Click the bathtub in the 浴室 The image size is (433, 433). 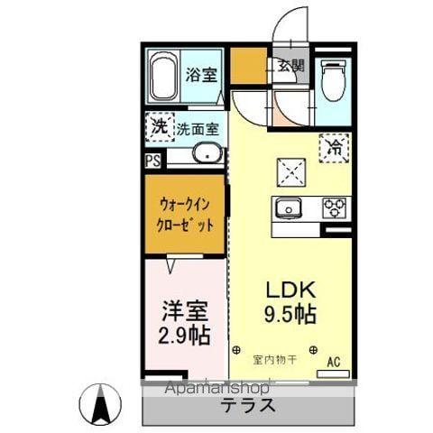pyautogui.click(x=163, y=78)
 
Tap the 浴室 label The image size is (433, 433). pyautogui.click(x=200, y=75)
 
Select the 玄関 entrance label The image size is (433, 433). pyautogui.click(x=290, y=65)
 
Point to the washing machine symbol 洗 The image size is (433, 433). pyautogui.click(x=159, y=127)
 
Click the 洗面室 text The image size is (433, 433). pyautogui.click(x=198, y=128)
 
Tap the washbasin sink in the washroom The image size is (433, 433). pyautogui.click(x=207, y=154)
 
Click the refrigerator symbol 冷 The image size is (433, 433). pyautogui.click(x=334, y=144)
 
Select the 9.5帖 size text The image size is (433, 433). pyautogui.click(x=290, y=317)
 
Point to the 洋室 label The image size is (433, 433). pyautogui.click(x=186, y=312)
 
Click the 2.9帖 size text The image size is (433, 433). pyautogui.click(x=186, y=336)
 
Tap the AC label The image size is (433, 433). pyautogui.click(x=333, y=362)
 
